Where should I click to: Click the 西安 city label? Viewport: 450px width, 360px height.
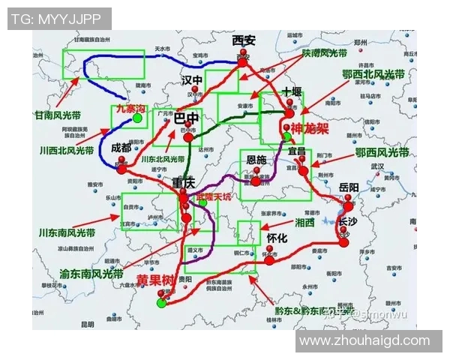[244, 40]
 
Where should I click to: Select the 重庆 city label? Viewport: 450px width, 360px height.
[183, 182]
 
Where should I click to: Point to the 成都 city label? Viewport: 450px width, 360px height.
[119, 148]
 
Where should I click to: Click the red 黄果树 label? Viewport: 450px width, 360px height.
[154, 279]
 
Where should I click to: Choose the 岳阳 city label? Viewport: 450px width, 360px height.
[349, 187]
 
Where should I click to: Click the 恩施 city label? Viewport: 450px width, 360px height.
[256, 160]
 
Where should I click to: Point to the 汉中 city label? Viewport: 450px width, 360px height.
[192, 80]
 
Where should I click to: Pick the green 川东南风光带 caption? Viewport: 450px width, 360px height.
[68, 232]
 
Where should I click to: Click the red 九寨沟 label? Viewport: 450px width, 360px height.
[129, 109]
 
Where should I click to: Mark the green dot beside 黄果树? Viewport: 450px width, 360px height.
[161, 303]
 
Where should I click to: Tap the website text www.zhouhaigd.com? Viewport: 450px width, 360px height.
[364, 341]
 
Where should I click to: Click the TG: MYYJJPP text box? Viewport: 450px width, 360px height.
[59, 19]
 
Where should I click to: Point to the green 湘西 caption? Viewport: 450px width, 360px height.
[304, 223]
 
